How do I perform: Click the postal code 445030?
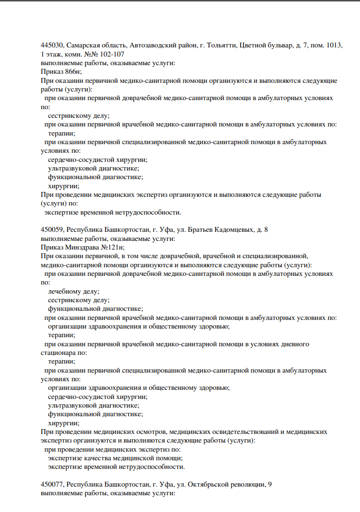(x=52, y=46)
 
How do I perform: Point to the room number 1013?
(x=334, y=46)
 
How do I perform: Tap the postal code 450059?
(x=52, y=230)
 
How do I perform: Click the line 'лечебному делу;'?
(x=74, y=291)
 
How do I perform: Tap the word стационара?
(x=58, y=353)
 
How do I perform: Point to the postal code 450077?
(x=52, y=485)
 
